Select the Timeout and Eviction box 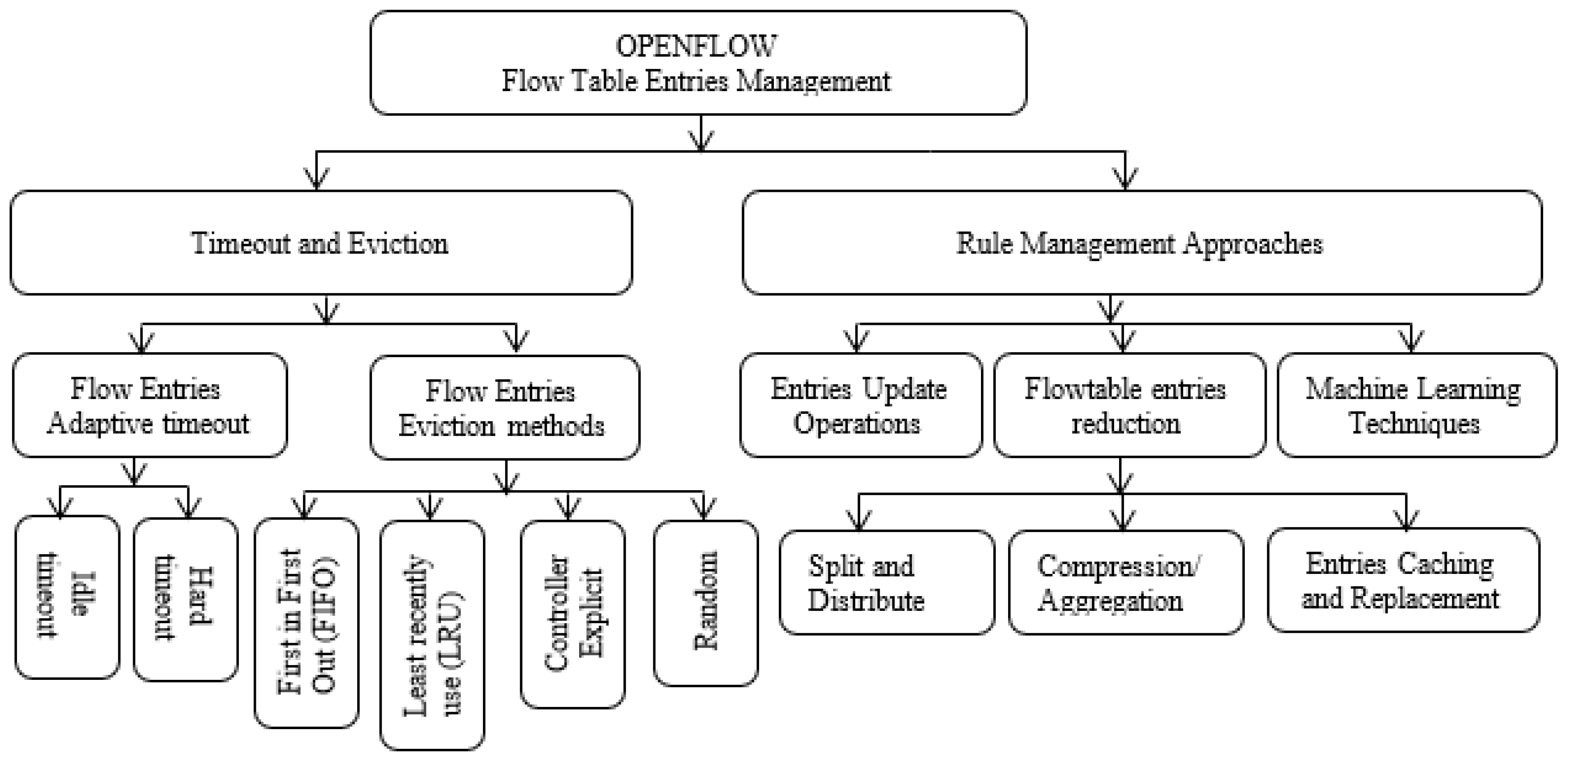(x=320, y=243)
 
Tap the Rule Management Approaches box (x=1141, y=243)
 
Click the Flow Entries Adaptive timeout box (x=149, y=406)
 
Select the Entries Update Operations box (x=860, y=406)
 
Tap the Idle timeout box (x=67, y=597)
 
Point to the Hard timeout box (x=185, y=600)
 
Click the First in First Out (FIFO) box (x=306, y=623)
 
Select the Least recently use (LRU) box (x=432, y=635)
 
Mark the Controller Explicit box (x=572, y=614)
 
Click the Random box (x=705, y=603)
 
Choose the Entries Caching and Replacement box (x=1402, y=580)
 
